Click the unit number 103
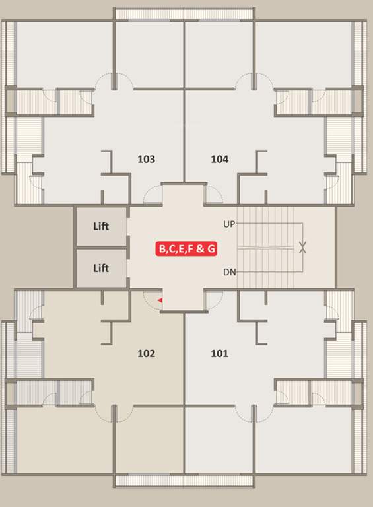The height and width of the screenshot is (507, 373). pos(146,159)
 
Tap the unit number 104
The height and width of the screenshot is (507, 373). pos(220,159)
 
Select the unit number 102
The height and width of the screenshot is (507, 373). pos(146,353)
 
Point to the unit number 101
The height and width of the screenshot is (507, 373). pos(219,353)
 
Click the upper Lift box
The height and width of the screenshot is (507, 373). pos(100,226)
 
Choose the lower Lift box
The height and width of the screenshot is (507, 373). pos(100,268)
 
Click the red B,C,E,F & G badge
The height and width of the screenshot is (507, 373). pos(187,249)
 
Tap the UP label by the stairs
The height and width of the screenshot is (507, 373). pos(229,224)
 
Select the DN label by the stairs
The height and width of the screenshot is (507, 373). pos(229,272)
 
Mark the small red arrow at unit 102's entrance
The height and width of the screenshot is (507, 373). pos(159,301)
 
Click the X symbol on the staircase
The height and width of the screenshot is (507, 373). pos(302,248)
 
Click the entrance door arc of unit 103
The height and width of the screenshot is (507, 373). pos(153,194)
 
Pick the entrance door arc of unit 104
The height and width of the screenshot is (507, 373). pos(213,194)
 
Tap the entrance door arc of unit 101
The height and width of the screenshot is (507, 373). pos(213,301)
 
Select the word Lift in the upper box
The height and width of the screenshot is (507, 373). pos(100,226)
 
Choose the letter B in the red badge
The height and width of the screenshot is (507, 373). pos(161,249)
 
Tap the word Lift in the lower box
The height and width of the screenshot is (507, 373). pos(100,268)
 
